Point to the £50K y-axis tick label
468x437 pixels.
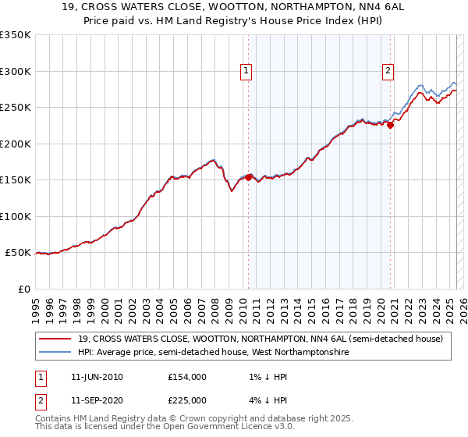tap(17, 253)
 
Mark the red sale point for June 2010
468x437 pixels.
tap(248, 178)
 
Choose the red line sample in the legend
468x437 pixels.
tap(55, 339)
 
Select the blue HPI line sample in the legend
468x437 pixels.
tap(55, 352)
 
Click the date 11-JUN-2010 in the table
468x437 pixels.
tap(97, 376)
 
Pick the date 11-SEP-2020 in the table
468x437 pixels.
tap(97, 400)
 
